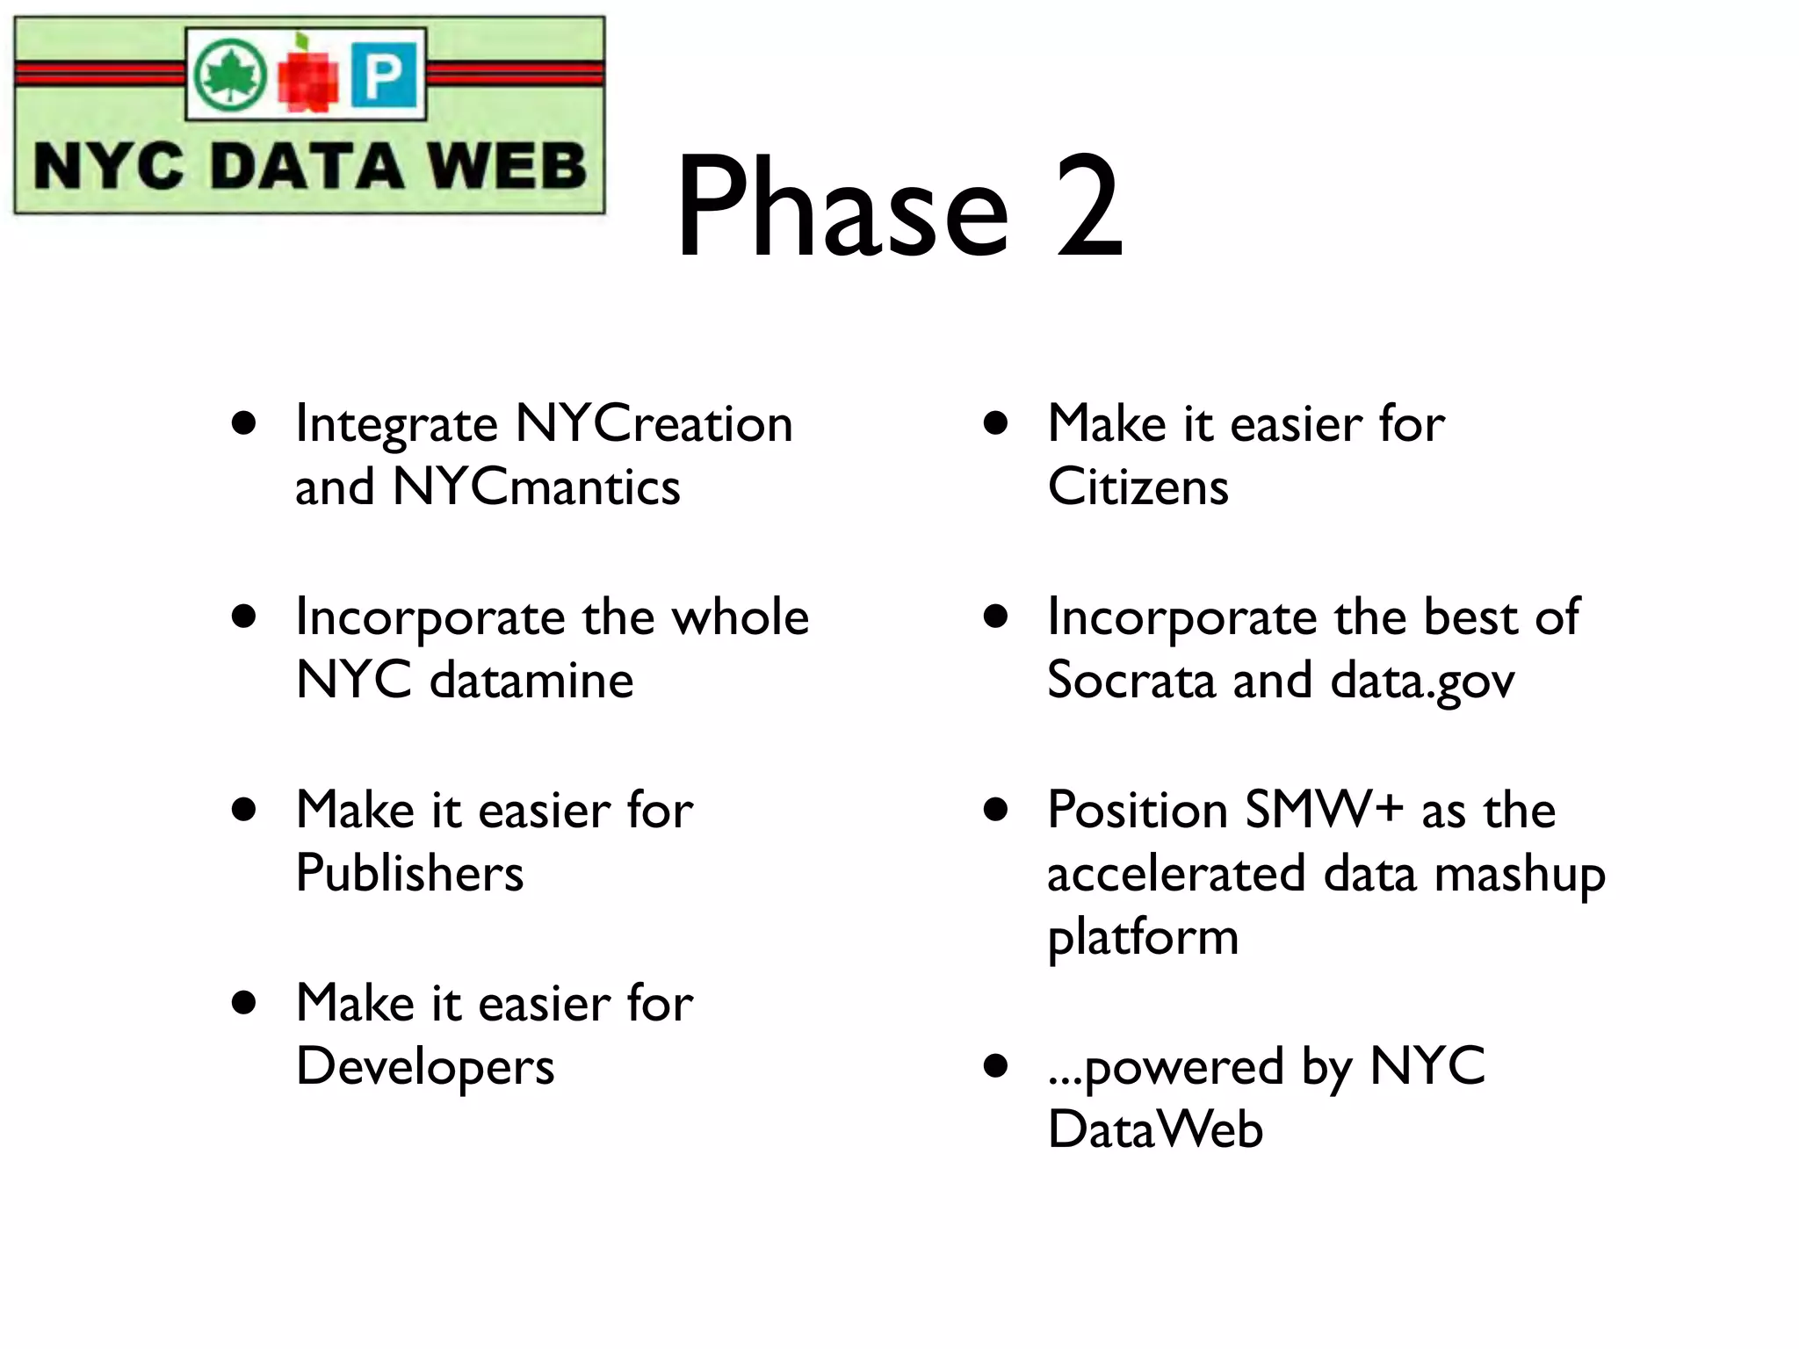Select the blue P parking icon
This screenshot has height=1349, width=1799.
[x=385, y=75]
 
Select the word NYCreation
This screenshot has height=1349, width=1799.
[x=654, y=423]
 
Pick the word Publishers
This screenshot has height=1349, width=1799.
[x=409, y=873]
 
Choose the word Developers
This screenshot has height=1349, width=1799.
[x=425, y=1066]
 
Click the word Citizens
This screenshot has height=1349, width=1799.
[x=1138, y=487]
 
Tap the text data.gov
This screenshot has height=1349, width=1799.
[x=1422, y=682]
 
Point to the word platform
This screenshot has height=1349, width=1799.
[x=1143, y=938]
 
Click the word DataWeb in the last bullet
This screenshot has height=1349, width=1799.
[x=1155, y=1129]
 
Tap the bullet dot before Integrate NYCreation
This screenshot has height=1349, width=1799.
[x=244, y=424]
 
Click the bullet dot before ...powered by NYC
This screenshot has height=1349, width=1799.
[x=995, y=1066]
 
